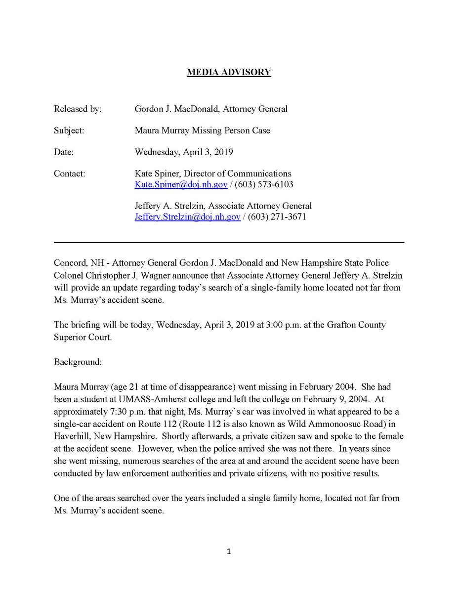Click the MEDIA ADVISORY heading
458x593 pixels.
(x=229, y=72)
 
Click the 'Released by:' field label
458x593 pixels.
(x=78, y=109)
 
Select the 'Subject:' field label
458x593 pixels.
(x=69, y=131)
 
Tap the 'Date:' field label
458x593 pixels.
(x=64, y=153)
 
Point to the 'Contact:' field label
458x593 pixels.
(x=69, y=174)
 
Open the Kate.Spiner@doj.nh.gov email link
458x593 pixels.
(x=181, y=184)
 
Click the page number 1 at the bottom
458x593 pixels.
(x=229, y=552)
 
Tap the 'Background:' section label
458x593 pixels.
(x=78, y=362)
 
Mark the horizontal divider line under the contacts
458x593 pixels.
(x=229, y=243)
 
